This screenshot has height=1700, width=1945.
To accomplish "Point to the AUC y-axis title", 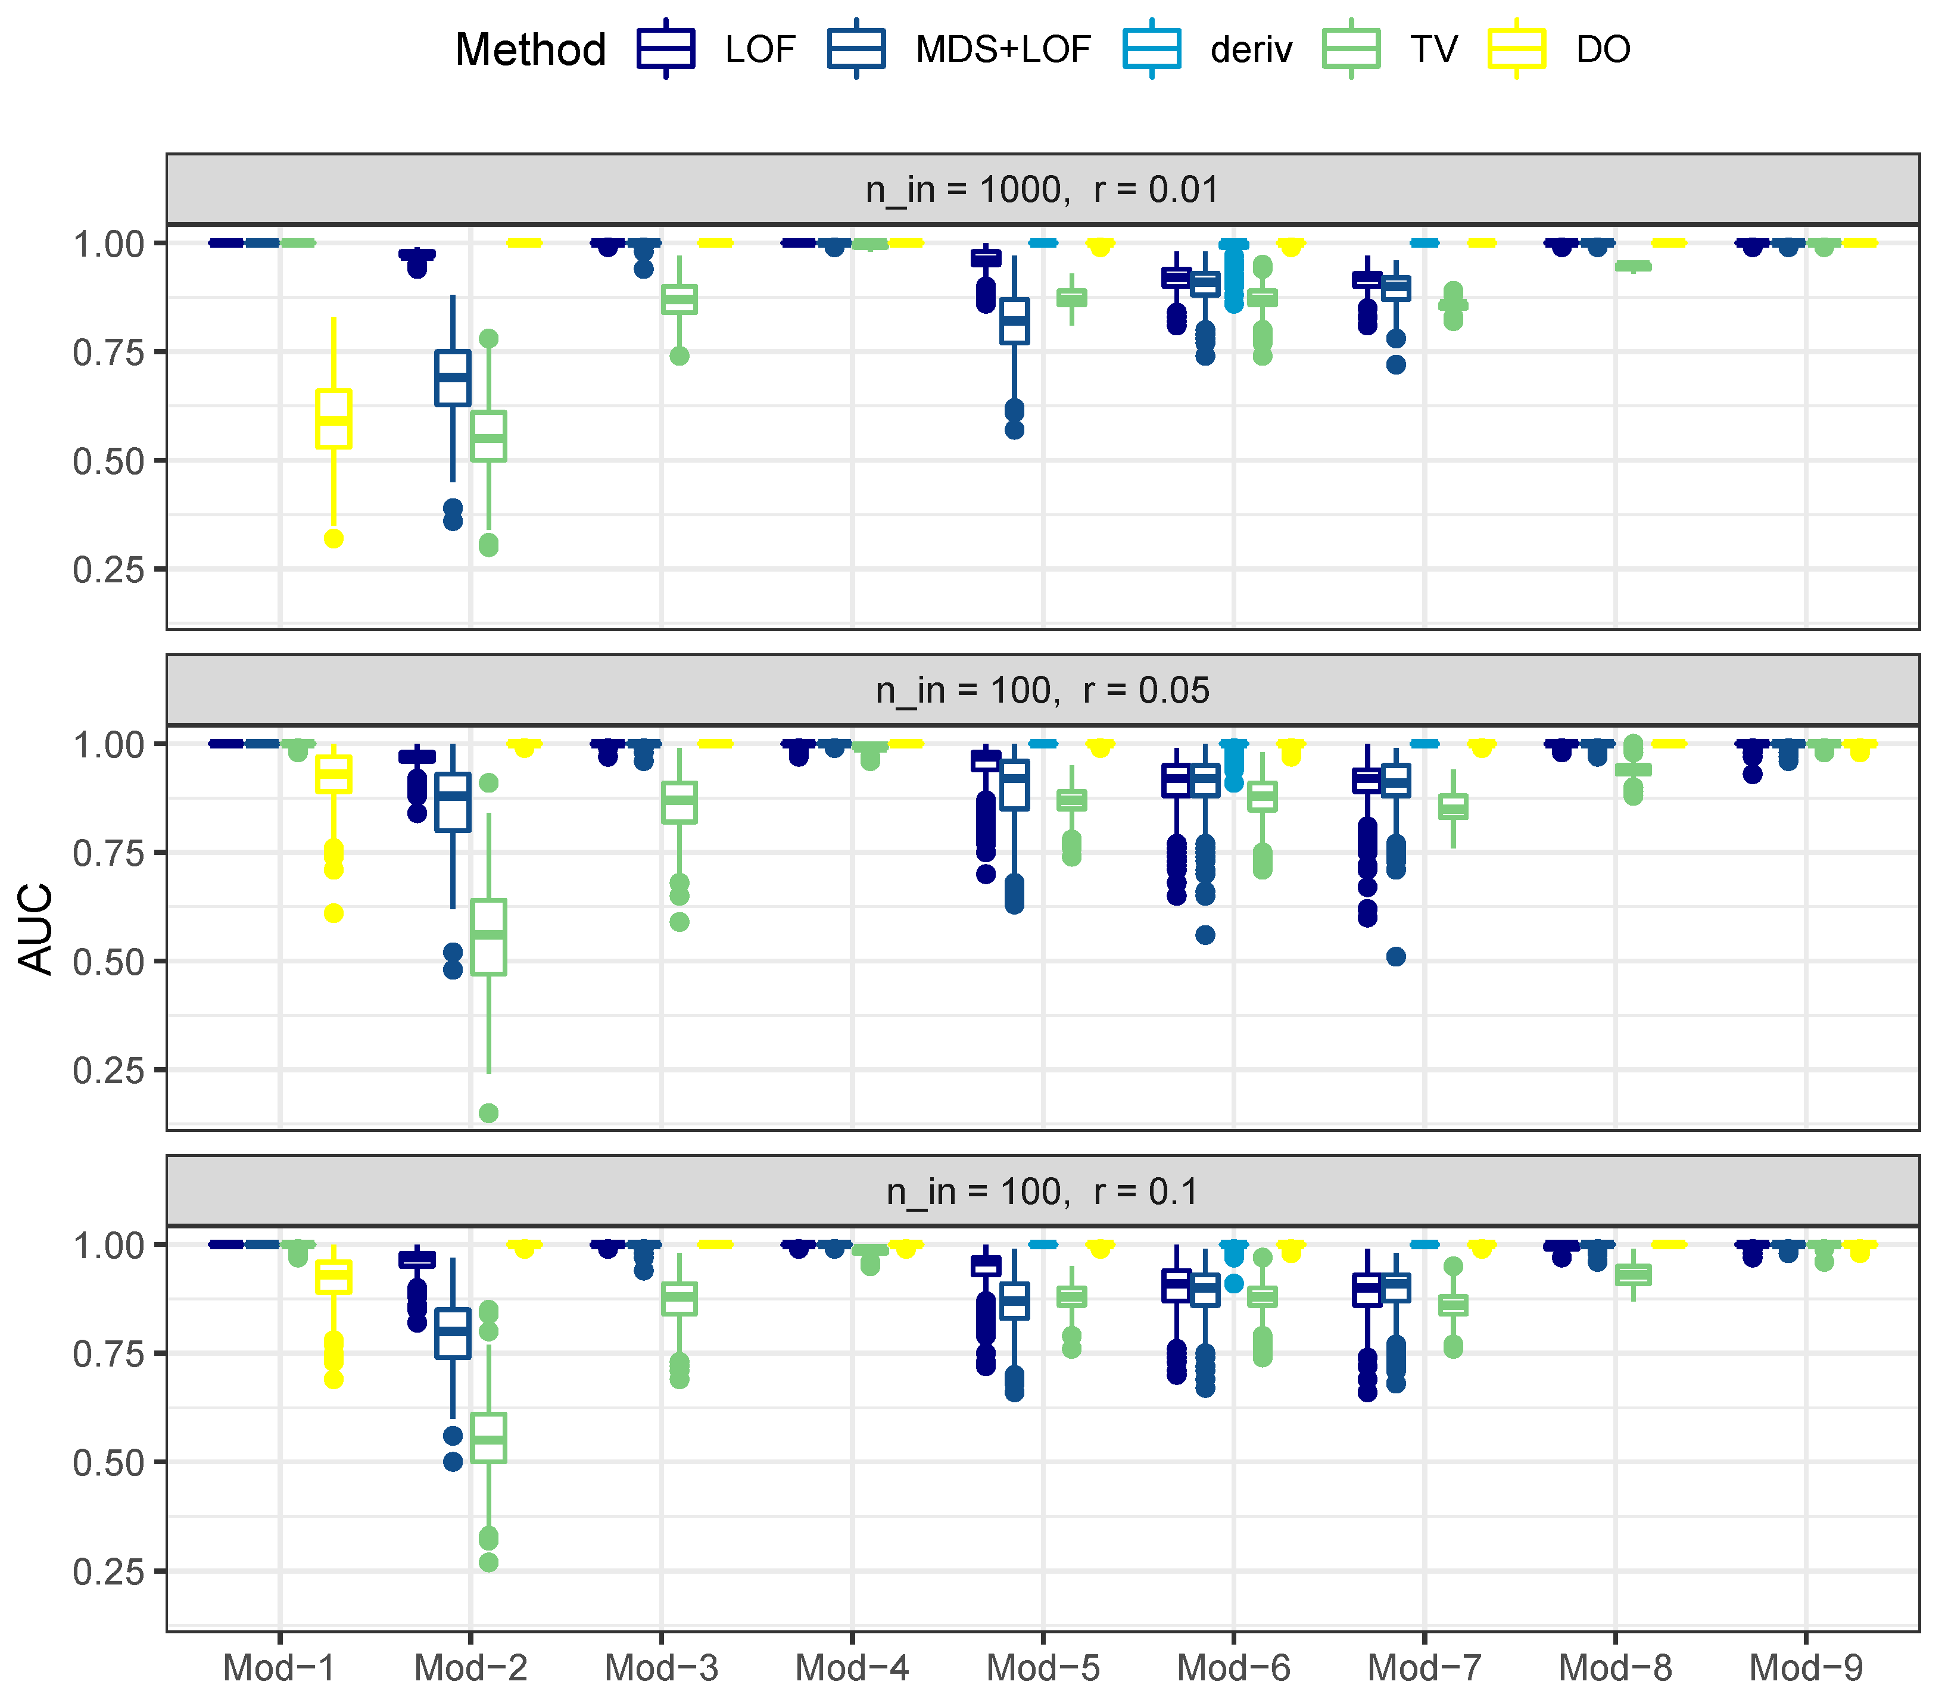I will point(37,928).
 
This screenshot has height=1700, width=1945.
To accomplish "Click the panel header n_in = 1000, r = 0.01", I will point(1042,190).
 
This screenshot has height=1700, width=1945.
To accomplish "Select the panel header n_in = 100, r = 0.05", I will point(1042,691).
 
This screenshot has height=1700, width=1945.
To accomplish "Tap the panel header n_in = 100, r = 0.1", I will point(1042,1191).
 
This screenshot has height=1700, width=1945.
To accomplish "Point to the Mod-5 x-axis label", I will point(1043,1667).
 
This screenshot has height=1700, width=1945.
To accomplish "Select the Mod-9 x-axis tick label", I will point(1806,1667).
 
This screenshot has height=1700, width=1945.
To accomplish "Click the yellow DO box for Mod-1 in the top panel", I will point(333,419).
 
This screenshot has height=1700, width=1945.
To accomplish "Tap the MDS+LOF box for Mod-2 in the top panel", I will point(453,378).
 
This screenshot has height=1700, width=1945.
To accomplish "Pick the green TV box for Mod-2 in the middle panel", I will point(488,936).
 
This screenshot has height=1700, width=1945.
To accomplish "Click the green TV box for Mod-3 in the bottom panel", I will point(679,1299).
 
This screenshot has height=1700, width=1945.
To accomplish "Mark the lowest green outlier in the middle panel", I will point(488,1113).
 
